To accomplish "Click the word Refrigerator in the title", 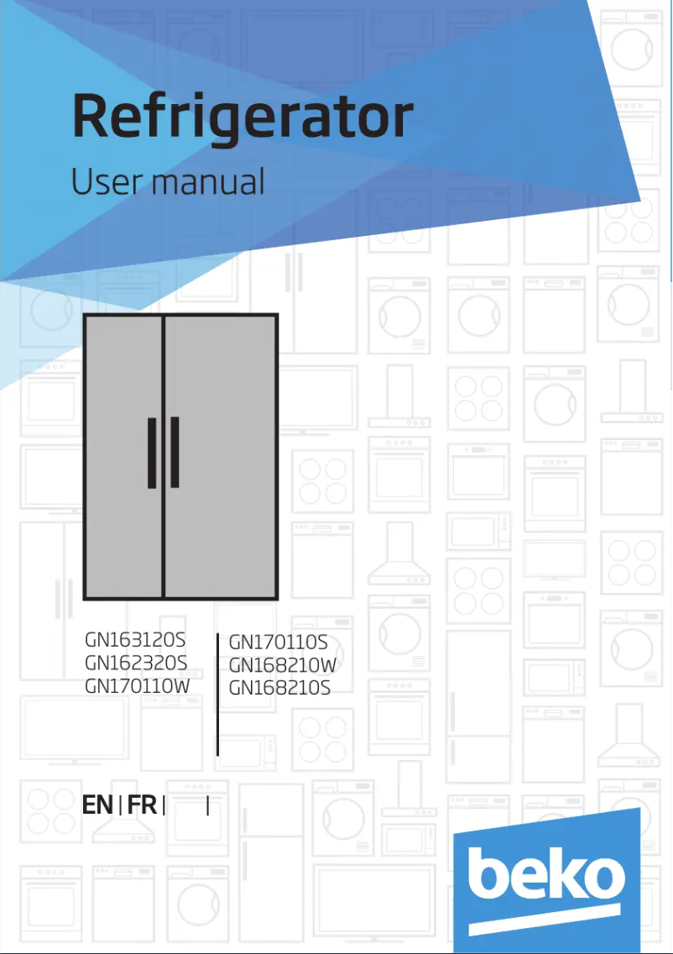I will (243, 118).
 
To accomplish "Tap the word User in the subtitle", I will (99, 181).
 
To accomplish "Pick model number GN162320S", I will (136, 663).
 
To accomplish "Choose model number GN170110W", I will (138, 685).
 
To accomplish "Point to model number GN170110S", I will (278, 644).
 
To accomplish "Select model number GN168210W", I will (283, 666).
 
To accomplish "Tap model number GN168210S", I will (279, 688).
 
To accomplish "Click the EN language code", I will (97, 805).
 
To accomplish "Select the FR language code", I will (143, 805).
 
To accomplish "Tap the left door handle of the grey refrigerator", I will (152, 453).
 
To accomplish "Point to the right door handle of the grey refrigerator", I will (175, 453).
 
